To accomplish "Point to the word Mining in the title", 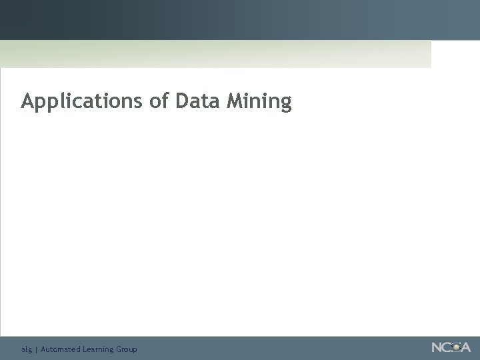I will (x=259, y=102).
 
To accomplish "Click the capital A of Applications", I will (x=27, y=101).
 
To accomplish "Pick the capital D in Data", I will (x=182, y=101).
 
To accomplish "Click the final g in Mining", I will (x=286, y=104).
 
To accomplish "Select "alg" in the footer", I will (x=26, y=349).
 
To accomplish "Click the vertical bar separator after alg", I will (x=36, y=349).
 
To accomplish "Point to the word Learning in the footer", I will (x=98, y=349).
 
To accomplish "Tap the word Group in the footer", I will (x=127, y=349).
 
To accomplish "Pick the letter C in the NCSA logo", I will (x=447, y=347).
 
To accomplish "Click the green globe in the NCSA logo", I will (x=456, y=347).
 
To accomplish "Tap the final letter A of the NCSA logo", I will (x=465, y=347).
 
